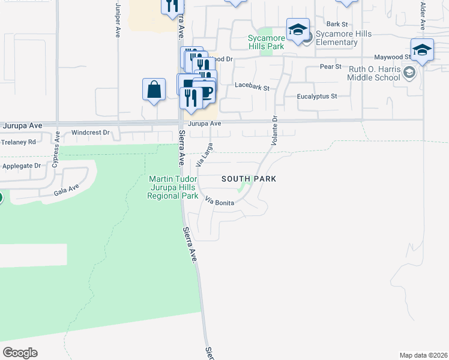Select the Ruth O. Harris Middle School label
click(x=374, y=73)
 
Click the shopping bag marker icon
click(x=154, y=89)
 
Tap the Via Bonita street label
click(x=219, y=202)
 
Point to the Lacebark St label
click(x=252, y=87)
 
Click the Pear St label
click(x=330, y=66)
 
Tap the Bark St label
click(x=337, y=24)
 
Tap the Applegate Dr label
click(x=21, y=166)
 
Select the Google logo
click(x=20, y=353)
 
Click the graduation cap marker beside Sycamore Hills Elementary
click(x=298, y=30)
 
